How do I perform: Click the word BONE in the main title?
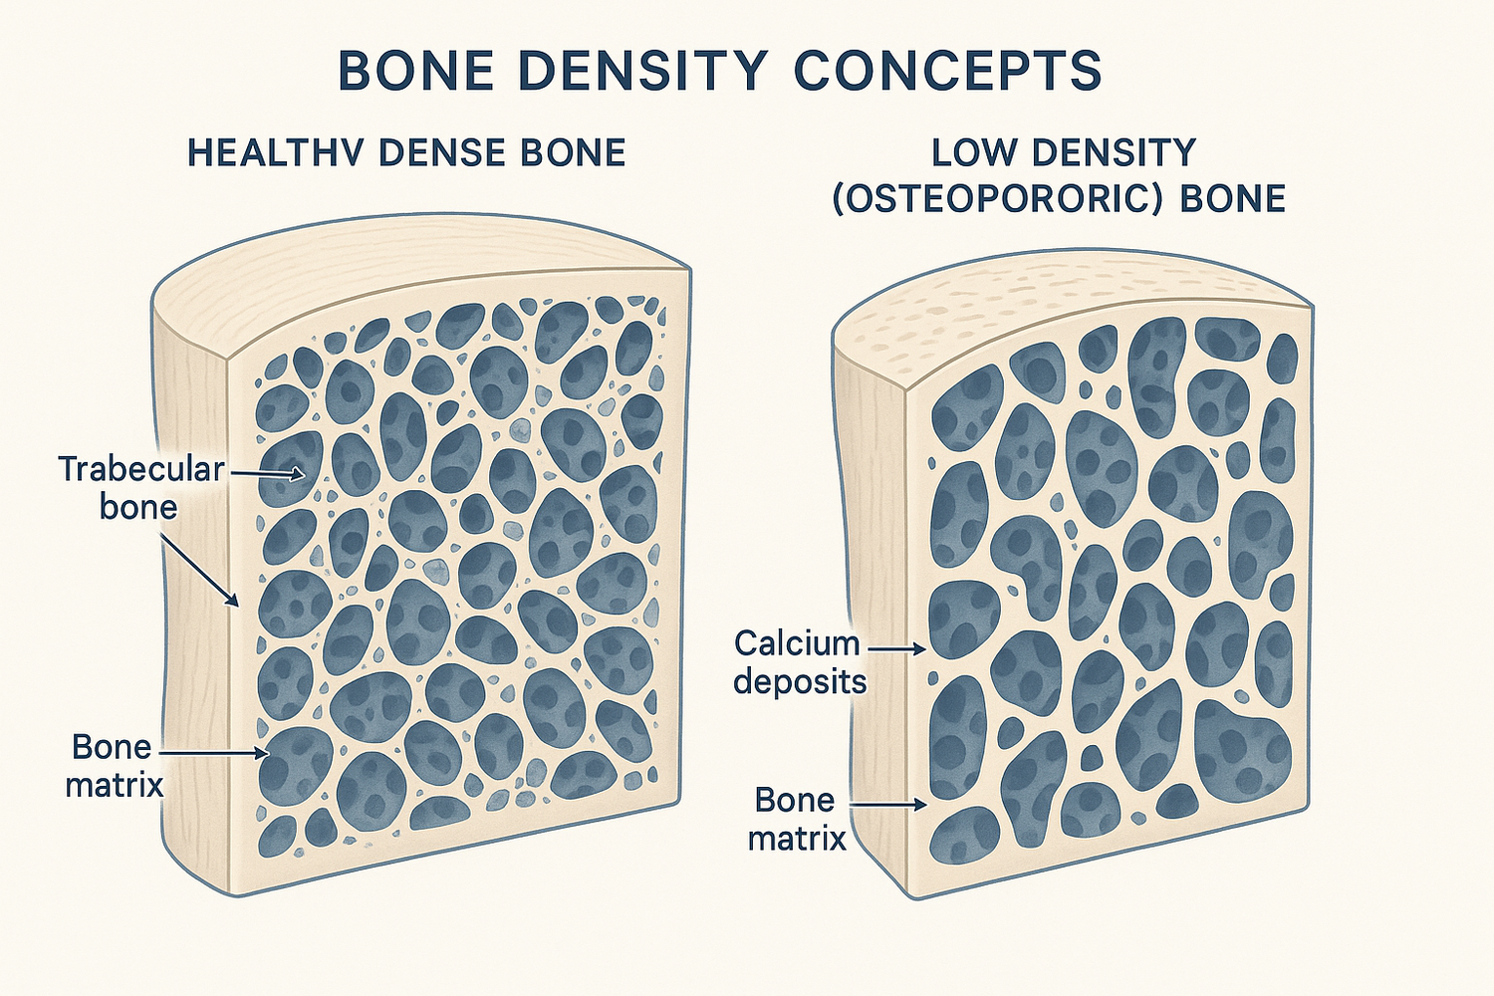416,70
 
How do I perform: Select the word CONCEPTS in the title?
948,70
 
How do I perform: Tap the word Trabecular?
141,469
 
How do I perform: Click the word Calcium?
797,643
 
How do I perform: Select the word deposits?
800,682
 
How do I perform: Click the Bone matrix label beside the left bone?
114,765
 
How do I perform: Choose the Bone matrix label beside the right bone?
796,819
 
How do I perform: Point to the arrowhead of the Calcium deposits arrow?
922,649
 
